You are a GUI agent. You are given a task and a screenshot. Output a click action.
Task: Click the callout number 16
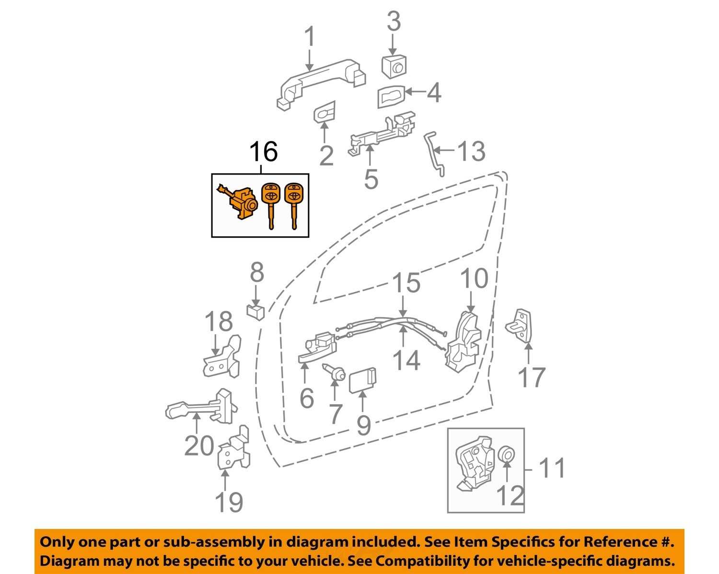coord(263,152)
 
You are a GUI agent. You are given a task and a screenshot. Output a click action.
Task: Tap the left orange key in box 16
coord(270,203)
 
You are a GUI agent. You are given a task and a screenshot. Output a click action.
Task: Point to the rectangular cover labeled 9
coord(363,381)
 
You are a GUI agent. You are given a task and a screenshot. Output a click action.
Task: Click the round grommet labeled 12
coord(506,454)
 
